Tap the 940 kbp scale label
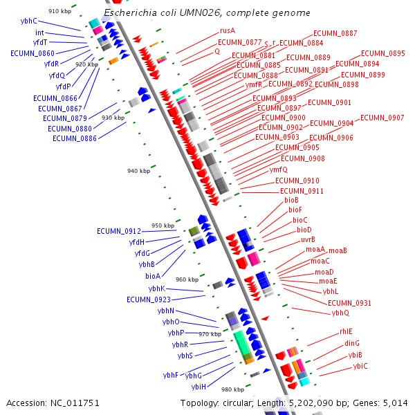coord(138,171)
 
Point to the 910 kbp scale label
coord(59,11)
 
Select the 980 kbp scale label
coord(232,389)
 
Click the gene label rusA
coord(228,30)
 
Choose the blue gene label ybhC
coord(28,21)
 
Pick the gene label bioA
coord(152,275)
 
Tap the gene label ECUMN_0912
coord(119,231)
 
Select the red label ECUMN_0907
coord(382,118)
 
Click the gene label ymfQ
coord(279,169)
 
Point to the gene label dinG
coord(352,343)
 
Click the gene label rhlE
coord(346,331)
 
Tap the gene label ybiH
coord(199,387)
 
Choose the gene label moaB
coord(338,250)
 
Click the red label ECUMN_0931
coord(349,303)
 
